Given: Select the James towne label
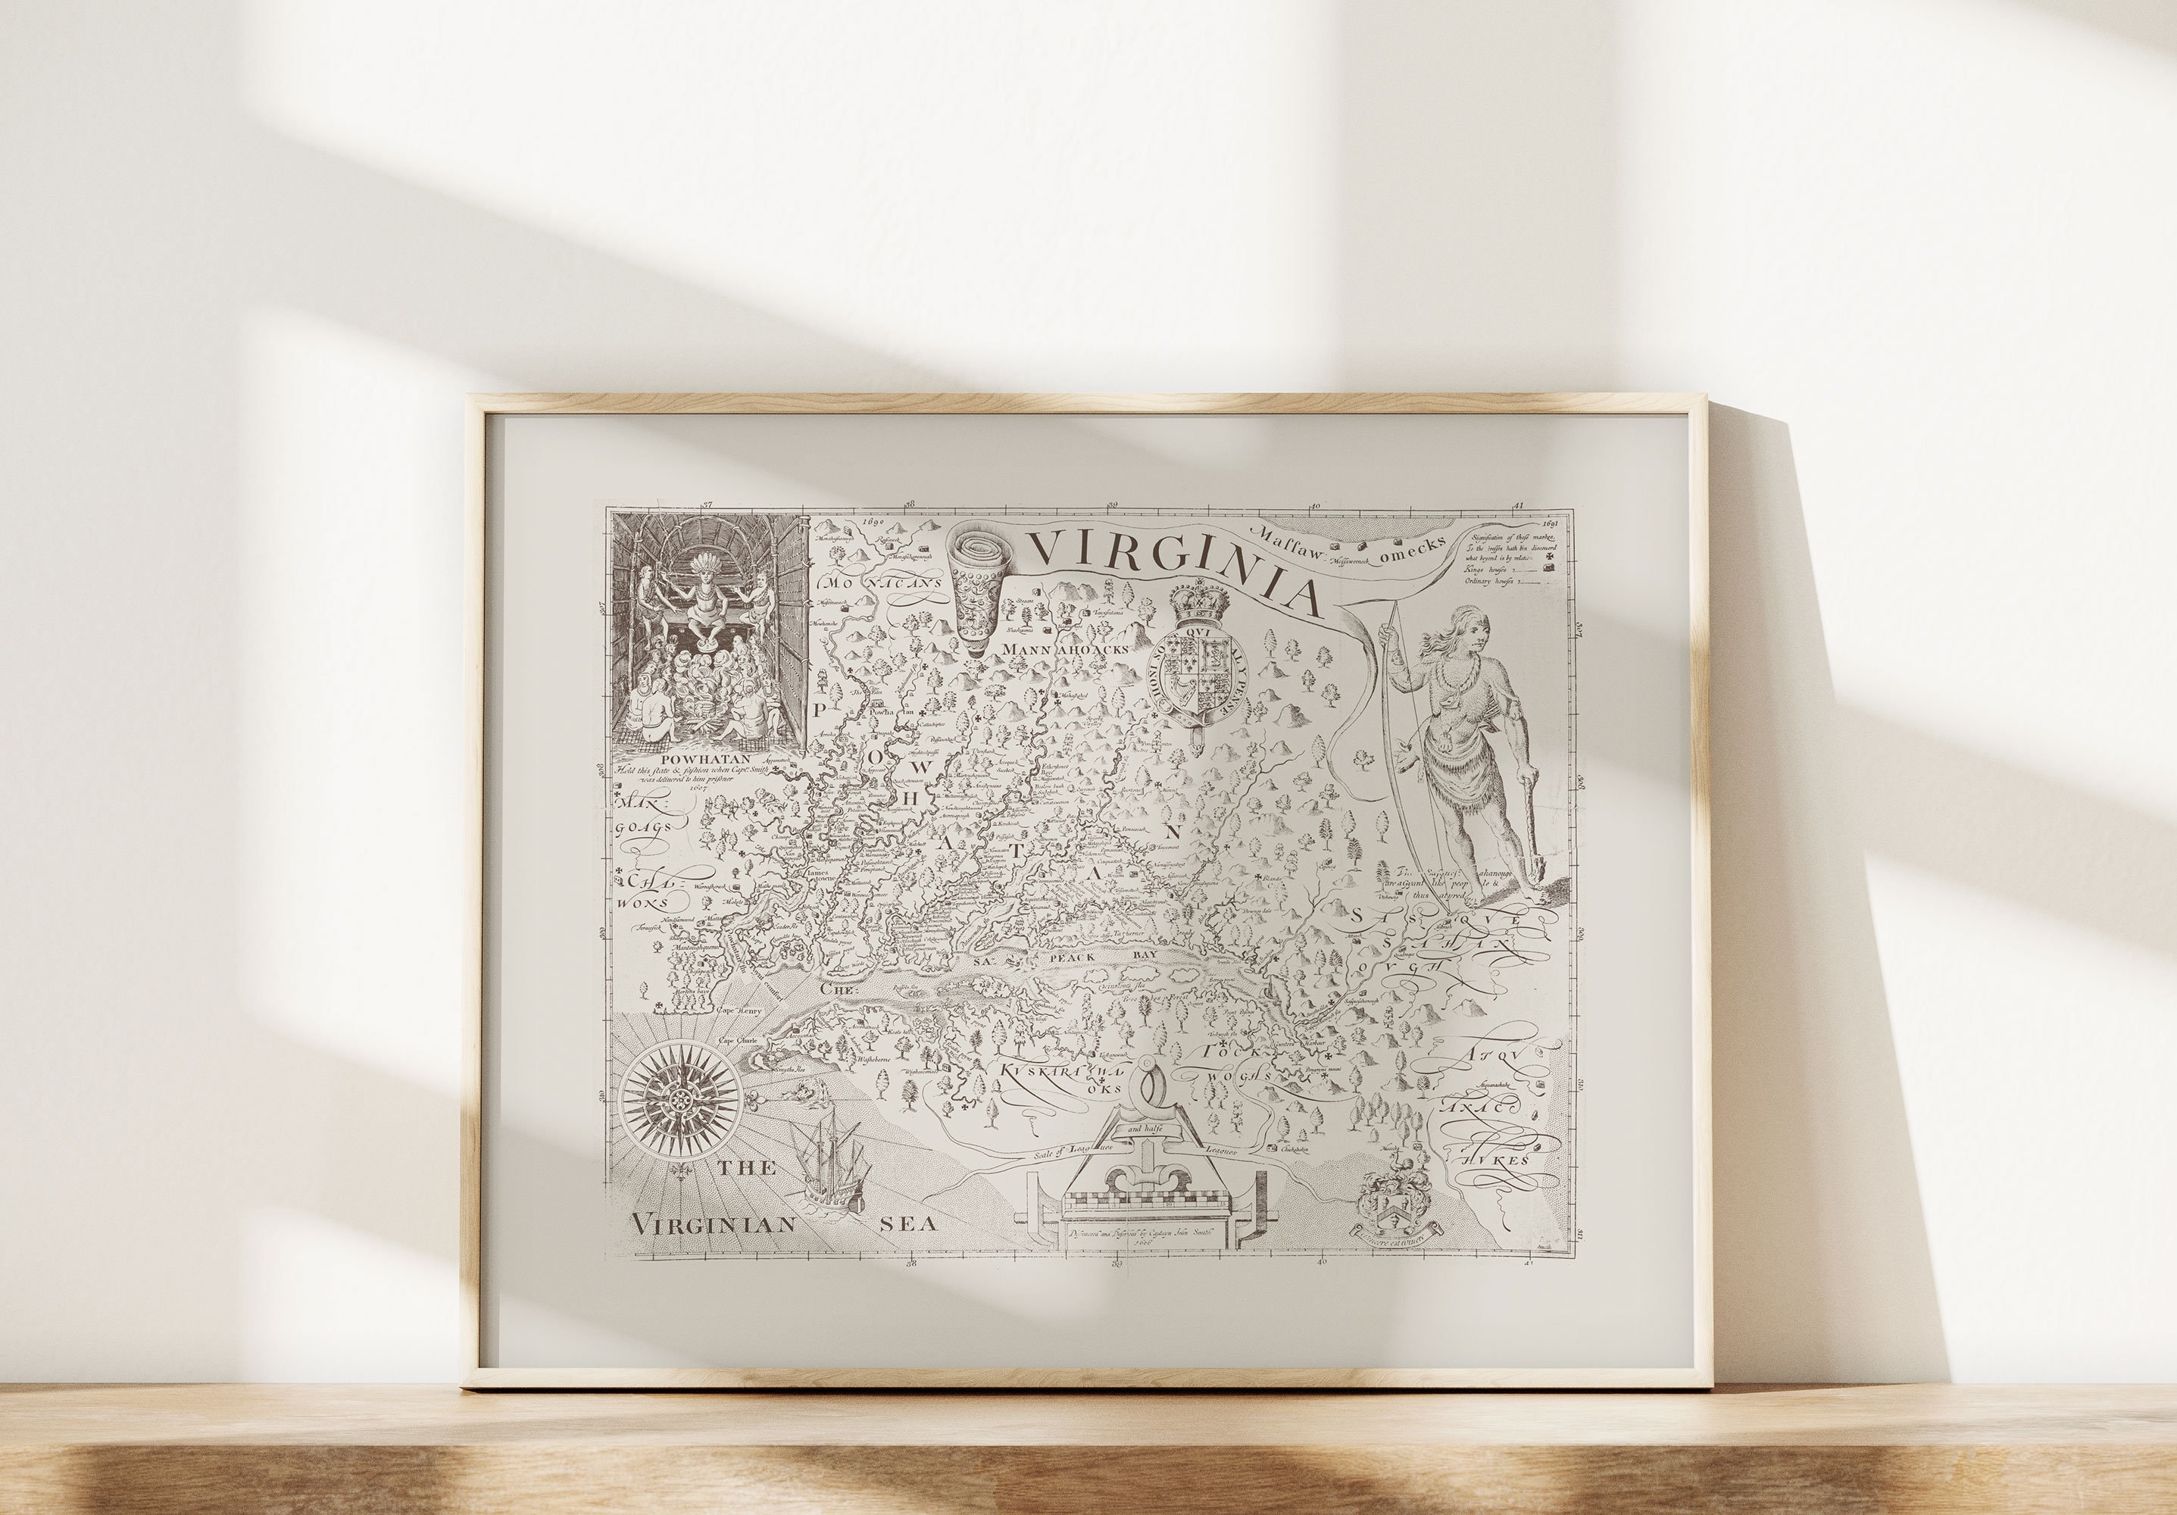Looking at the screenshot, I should pos(817,876).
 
